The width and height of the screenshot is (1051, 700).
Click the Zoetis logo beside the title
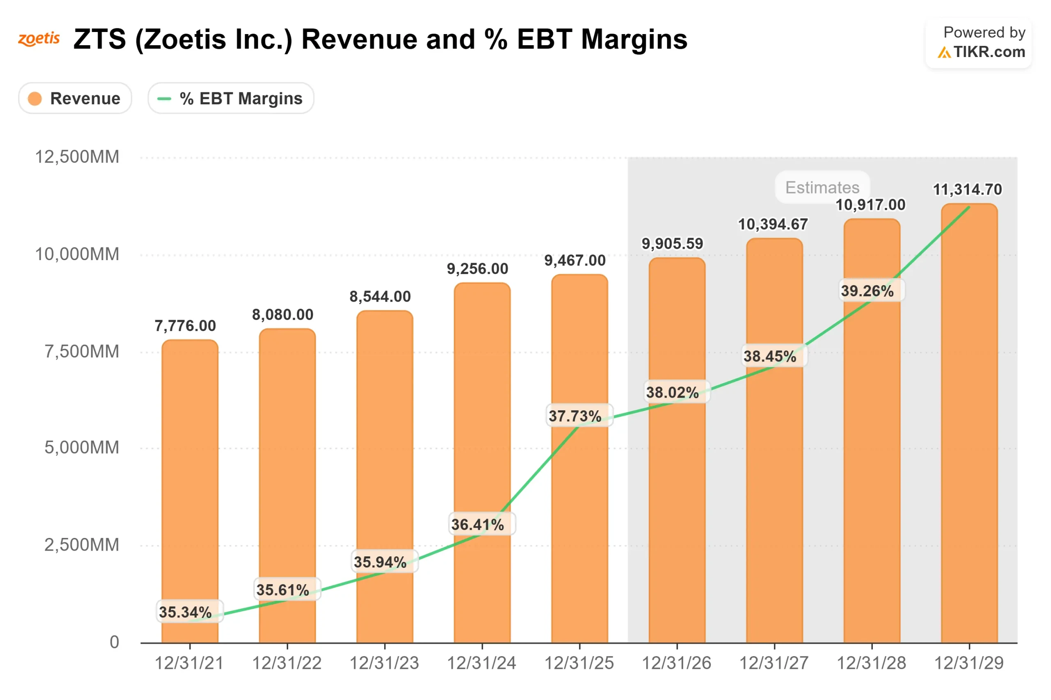39,39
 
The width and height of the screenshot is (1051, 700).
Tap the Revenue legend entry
75,98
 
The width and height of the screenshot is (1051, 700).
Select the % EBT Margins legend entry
230,98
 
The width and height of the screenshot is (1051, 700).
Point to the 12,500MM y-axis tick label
77,157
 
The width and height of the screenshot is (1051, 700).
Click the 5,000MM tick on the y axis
81,447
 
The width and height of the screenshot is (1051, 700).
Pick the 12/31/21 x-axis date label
189,663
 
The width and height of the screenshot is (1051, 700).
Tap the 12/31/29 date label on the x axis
968,663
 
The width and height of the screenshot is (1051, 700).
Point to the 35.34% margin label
186,612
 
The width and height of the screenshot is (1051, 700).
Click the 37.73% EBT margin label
575,416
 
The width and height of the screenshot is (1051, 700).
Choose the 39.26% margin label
867,291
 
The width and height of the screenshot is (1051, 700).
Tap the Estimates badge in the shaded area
822,188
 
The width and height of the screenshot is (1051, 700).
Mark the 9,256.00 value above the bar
477,269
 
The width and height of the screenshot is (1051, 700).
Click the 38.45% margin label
770,356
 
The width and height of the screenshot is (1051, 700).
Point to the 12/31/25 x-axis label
579,663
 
